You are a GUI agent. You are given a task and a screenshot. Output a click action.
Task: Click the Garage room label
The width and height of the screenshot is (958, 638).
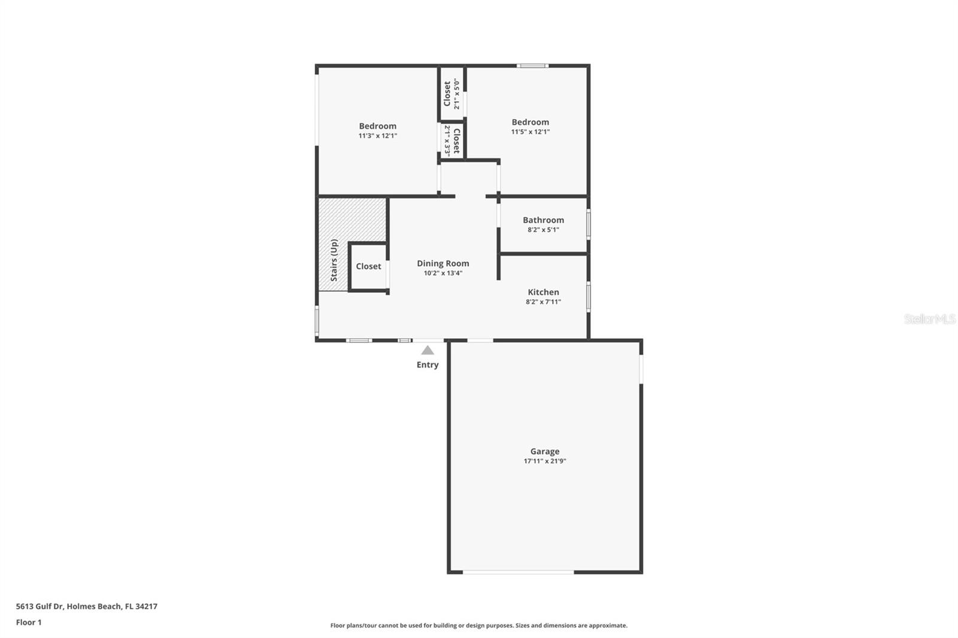click(x=544, y=451)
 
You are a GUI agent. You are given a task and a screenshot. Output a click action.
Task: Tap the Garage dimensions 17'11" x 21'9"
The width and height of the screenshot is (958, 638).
click(x=544, y=461)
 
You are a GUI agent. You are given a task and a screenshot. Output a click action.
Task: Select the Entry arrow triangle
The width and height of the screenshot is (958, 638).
click(x=428, y=351)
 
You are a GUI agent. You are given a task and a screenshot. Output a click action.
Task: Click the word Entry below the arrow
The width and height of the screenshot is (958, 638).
click(x=428, y=364)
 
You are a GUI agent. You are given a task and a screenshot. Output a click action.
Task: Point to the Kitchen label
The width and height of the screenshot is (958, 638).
click(x=543, y=292)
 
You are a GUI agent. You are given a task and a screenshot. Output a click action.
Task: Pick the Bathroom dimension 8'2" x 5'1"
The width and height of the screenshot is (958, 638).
click(x=543, y=230)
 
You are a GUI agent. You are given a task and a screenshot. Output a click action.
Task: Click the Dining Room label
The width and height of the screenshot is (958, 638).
click(x=442, y=263)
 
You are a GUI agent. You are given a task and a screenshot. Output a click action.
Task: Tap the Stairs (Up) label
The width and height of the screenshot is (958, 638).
click(x=334, y=260)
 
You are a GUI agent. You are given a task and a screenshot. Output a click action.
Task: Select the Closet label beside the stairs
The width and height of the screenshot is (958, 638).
click(x=368, y=266)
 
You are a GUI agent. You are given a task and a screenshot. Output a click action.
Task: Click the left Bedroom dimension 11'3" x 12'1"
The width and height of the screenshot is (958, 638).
click(x=378, y=136)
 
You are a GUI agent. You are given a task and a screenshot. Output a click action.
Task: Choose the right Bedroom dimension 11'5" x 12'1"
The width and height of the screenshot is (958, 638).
click(x=530, y=132)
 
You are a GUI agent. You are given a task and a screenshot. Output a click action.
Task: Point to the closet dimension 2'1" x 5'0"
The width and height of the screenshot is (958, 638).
click(x=457, y=94)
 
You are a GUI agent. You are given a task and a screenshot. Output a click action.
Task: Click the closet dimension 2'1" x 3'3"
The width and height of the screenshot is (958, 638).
click(x=447, y=141)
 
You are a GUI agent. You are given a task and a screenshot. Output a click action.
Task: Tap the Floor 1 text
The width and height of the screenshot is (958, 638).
click(x=29, y=622)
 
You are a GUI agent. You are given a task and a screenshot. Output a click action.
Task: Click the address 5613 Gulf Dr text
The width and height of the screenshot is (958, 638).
click(x=40, y=606)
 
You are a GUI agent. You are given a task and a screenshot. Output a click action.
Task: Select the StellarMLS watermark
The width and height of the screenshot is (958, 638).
click(x=929, y=318)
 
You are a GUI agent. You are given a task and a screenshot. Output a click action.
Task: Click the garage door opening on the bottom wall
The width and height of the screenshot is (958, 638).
click(x=518, y=572)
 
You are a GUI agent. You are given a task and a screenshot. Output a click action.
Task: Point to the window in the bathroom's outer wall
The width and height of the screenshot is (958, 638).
click(x=589, y=224)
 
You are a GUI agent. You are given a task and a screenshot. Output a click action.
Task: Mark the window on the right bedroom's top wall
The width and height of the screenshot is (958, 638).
click(x=532, y=66)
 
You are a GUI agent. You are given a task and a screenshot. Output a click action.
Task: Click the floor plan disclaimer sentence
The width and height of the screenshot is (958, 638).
click(x=478, y=625)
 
